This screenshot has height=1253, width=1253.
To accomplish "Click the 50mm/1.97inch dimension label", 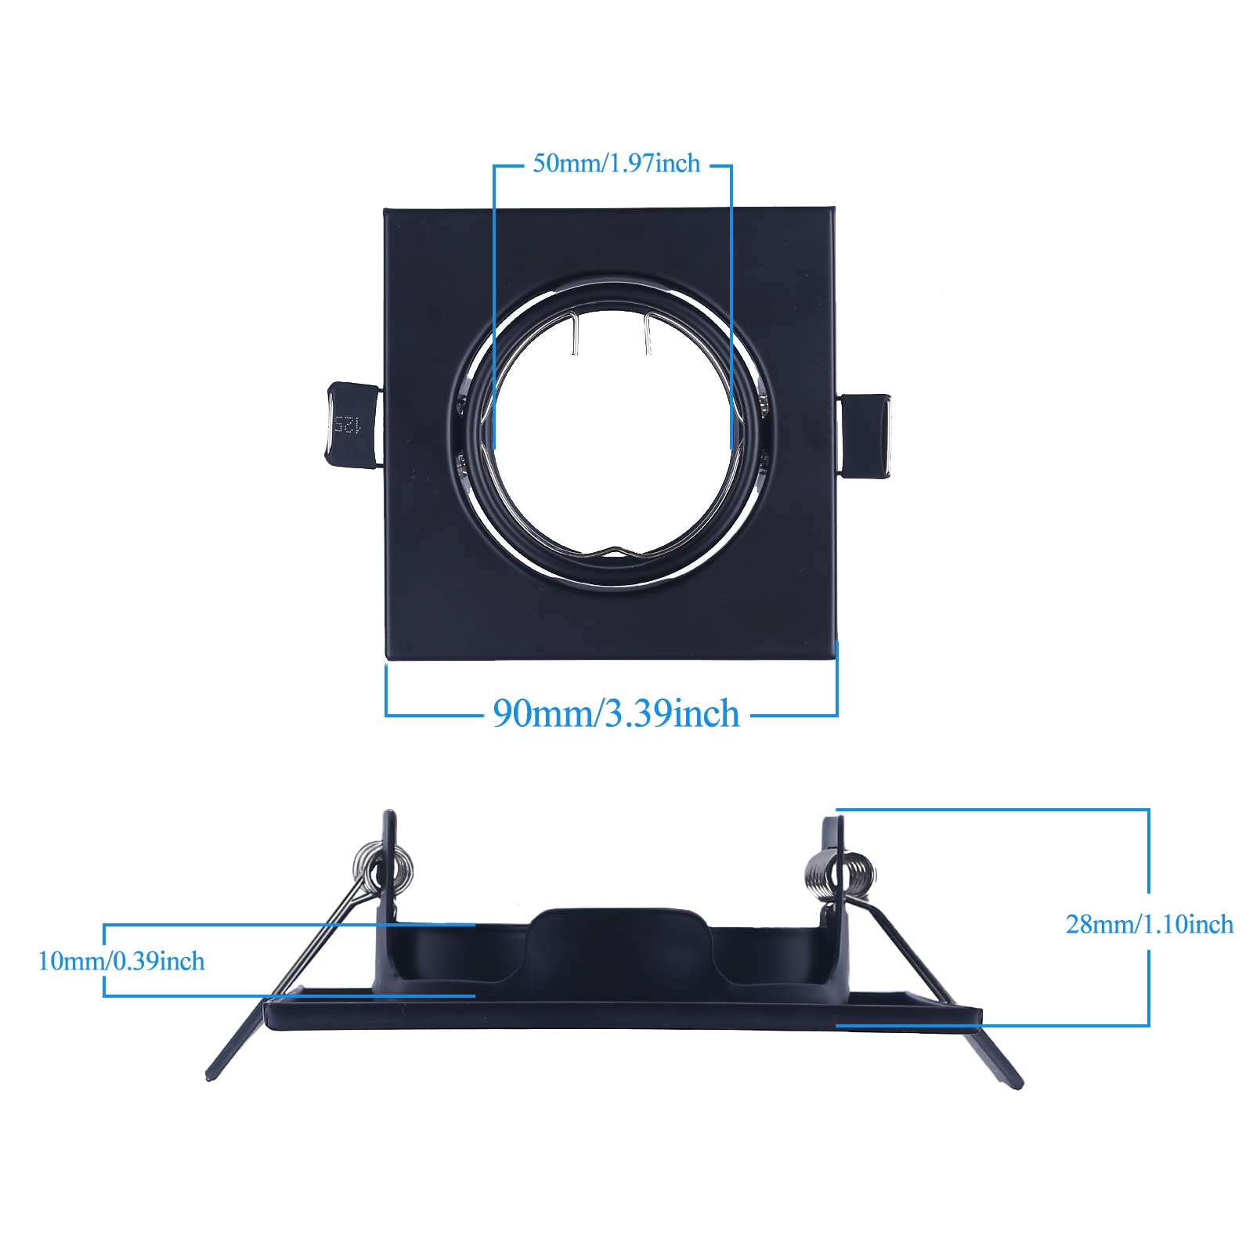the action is pyautogui.click(x=616, y=164).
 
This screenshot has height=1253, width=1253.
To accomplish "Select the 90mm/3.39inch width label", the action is pyautogui.click(x=616, y=713).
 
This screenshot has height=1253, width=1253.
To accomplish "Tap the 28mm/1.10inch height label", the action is pyautogui.click(x=1149, y=925).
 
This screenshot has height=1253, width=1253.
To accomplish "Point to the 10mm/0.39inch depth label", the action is pyautogui.click(x=121, y=961).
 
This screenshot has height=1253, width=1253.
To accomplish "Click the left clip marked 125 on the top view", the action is pyautogui.click(x=352, y=425).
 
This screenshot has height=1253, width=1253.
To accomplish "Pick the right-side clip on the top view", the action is pyautogui.click(x=866, y=436).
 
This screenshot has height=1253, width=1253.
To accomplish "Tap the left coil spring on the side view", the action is pyautogui.click(x=389, y=865).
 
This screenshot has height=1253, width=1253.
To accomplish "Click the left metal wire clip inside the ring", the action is pyautogui.click(x=575, y=333).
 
